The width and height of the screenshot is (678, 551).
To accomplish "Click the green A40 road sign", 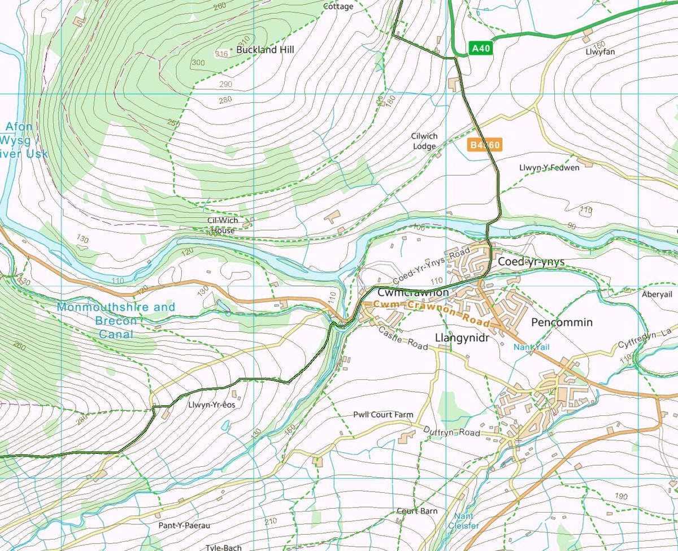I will tap(481, 49).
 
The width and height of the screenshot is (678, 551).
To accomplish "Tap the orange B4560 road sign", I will tap(485, 145).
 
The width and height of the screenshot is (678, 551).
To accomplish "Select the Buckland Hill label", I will tap(265, 50).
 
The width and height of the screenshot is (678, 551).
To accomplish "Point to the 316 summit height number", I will tap(221, 54).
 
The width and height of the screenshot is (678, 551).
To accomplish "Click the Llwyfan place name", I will tap(601, 51).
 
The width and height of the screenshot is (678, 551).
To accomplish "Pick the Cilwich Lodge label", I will tap(424, 141).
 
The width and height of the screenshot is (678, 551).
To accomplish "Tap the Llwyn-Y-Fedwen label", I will tap(549, 168).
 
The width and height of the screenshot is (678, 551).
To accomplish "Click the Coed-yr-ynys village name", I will tap(531, 262).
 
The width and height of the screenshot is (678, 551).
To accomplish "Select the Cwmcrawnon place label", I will tap(412, 293).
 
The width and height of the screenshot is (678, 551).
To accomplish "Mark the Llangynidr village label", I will tap(461, 337).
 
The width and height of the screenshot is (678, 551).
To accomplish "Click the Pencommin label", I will tap(562, 322).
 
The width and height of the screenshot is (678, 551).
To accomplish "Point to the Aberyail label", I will tap(657, 294).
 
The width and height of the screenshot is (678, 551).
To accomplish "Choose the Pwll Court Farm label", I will tap(383, 415).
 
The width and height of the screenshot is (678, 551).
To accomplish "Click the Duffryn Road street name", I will tap(451, 432).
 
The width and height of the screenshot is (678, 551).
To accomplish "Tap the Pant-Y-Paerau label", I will tap(184, 525).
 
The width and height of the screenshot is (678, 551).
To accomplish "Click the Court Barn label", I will tap(417, 511).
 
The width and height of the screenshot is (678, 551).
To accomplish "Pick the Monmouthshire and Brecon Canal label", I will tap(116, 320).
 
